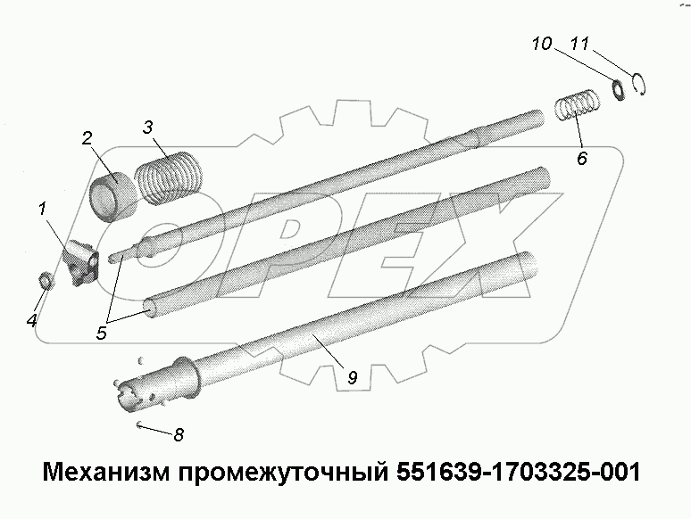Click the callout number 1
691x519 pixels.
click(x=41, y=210)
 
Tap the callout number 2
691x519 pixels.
click(x=87, y=138)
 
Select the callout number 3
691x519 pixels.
click(x=146, y=127)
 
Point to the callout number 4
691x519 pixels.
click(x=32, y=320)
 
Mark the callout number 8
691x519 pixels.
click(x=179, y=435)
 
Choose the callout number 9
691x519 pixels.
click(x=352, y=378)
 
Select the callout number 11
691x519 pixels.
click(x=579, y=43)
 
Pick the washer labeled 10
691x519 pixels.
click(x=616, y=88)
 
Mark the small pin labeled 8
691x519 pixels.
click(x=142, y=424)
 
